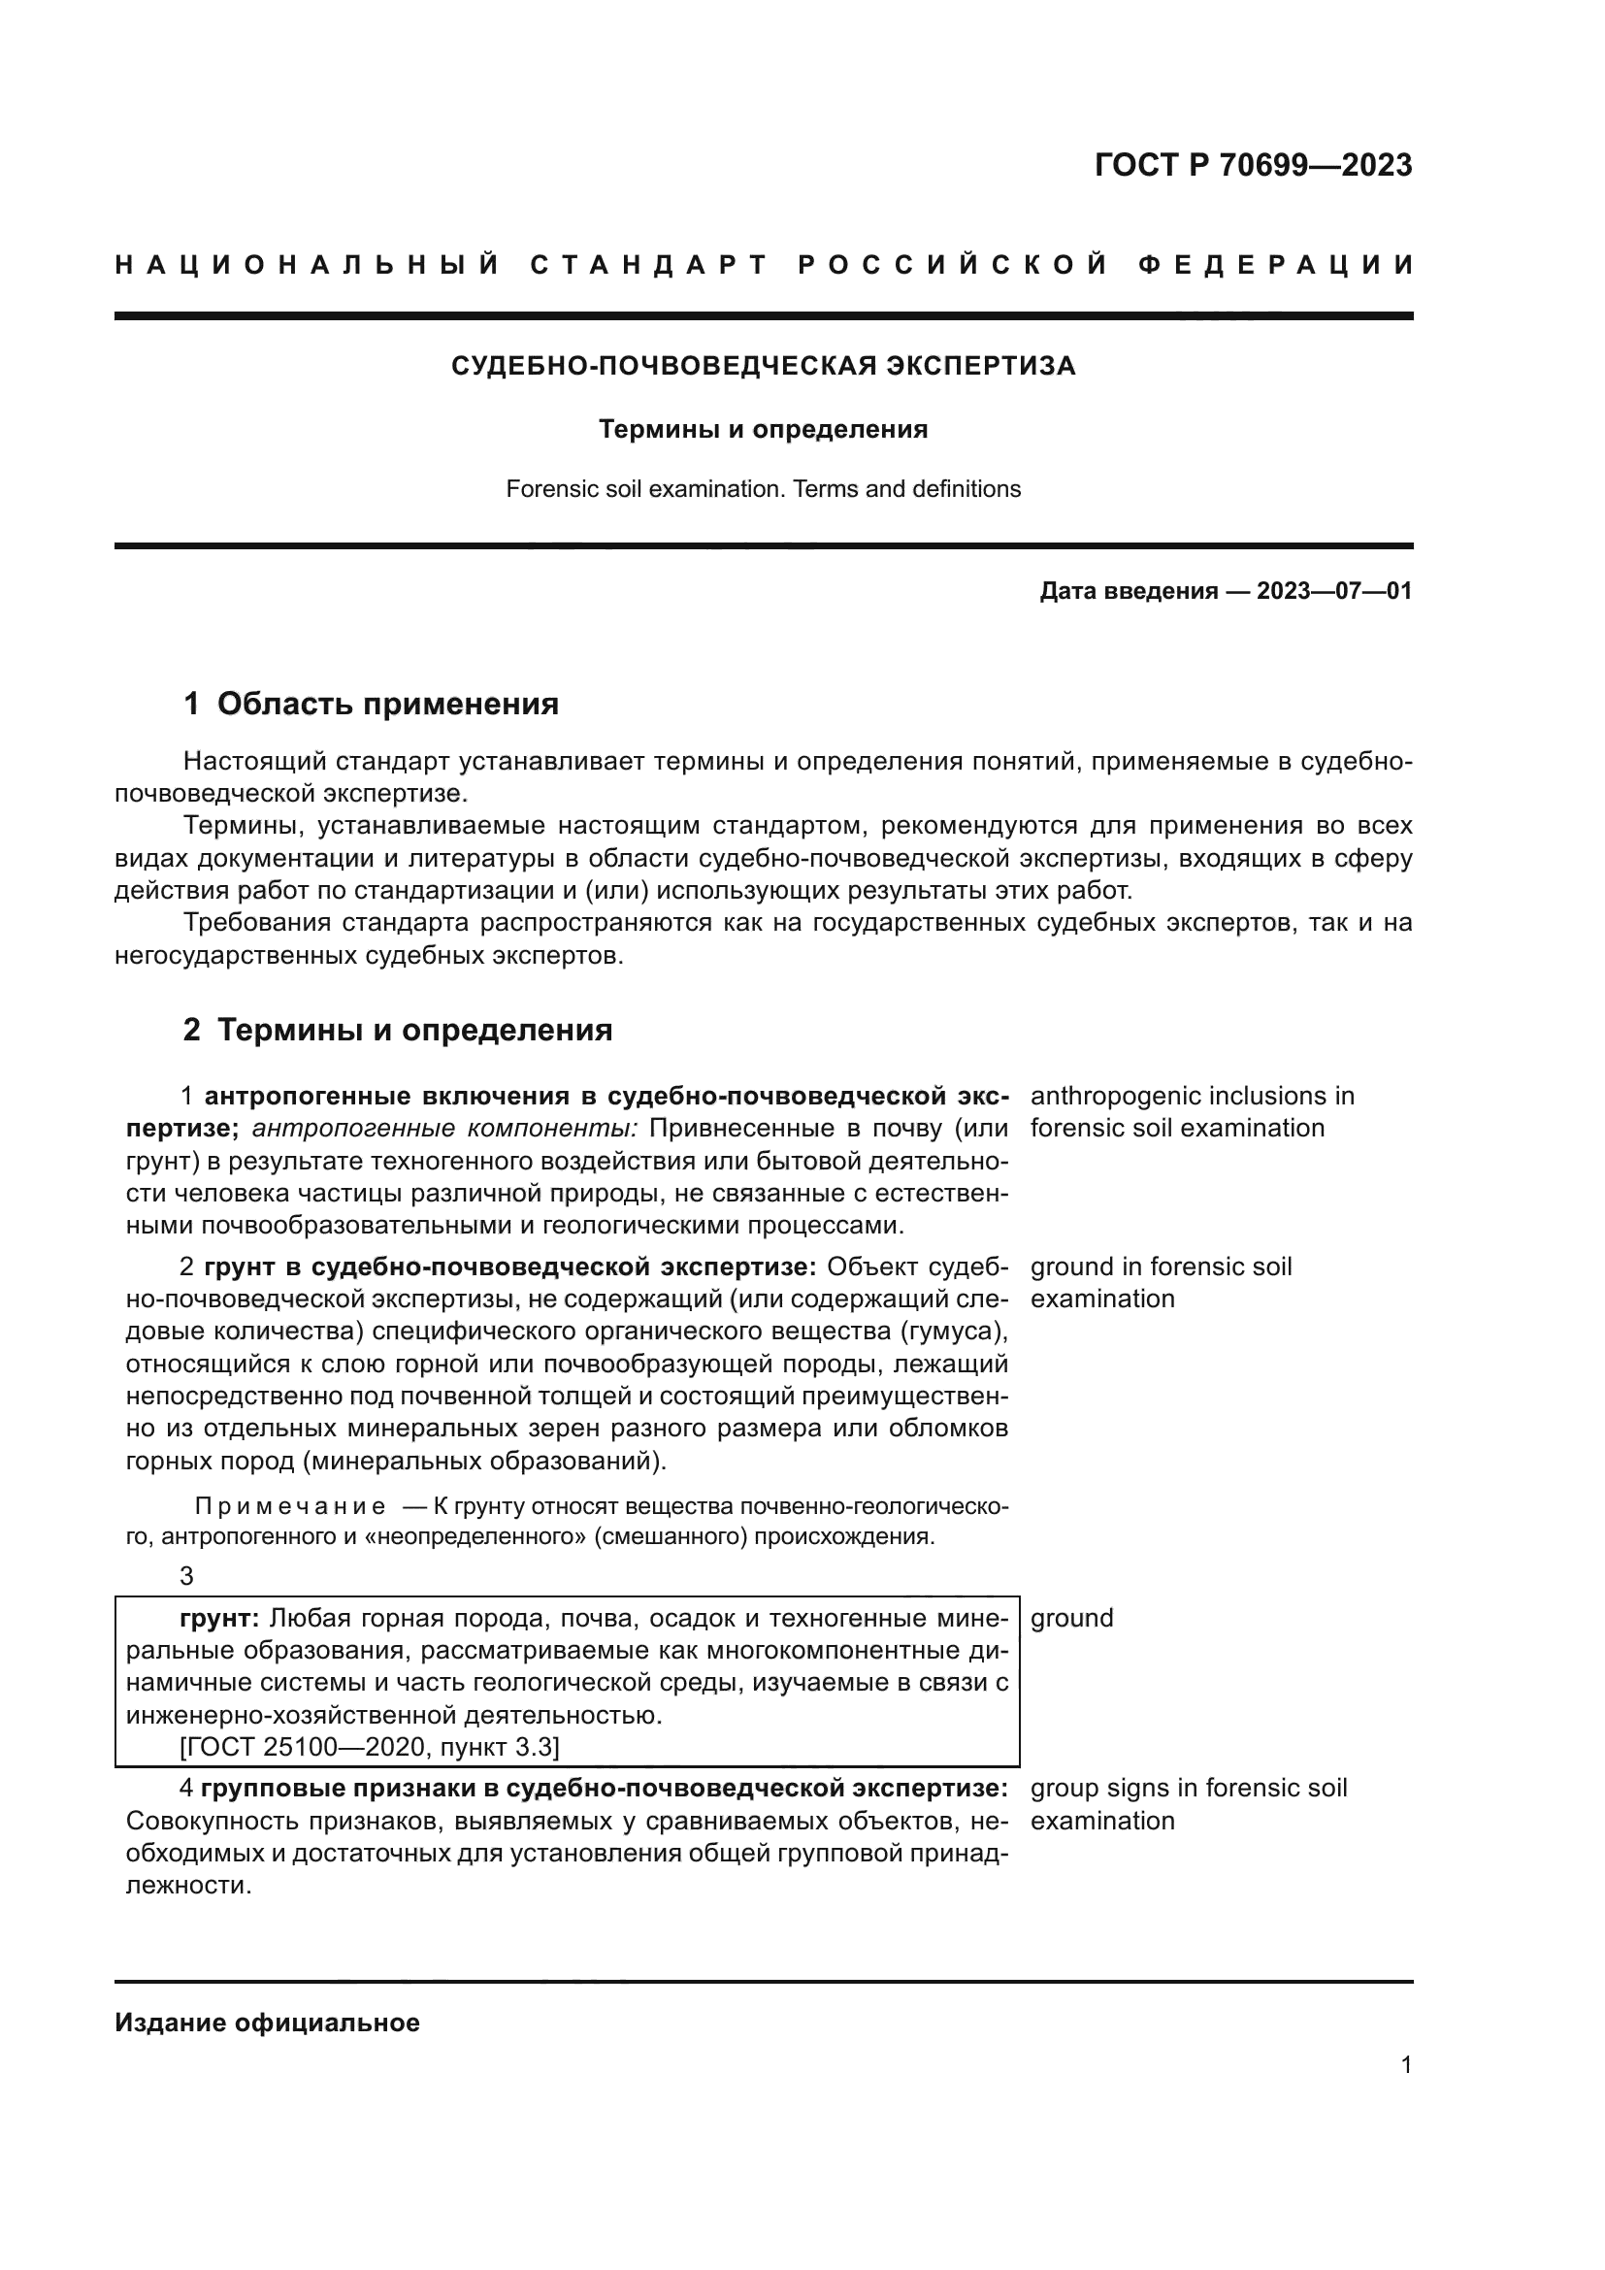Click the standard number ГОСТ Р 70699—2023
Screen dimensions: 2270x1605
tap(1252, 165)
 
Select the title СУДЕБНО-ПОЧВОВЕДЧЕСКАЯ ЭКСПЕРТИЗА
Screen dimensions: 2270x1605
tap(763, 366)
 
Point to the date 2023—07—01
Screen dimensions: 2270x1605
tap(1333, 591)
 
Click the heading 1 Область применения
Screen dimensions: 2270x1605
tap(371, 704)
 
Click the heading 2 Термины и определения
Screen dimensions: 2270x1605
tap(397, 1031)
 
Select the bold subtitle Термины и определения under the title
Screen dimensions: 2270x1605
tap(763, 429)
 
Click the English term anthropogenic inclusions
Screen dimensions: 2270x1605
tap(1191, 1096)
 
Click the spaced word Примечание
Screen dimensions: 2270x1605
tap(289, 1506)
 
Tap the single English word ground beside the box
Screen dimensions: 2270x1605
tap(1071, 1619)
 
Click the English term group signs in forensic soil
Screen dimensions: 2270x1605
tap(1188, 1788)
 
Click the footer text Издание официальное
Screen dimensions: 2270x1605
tap(267, 2023)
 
